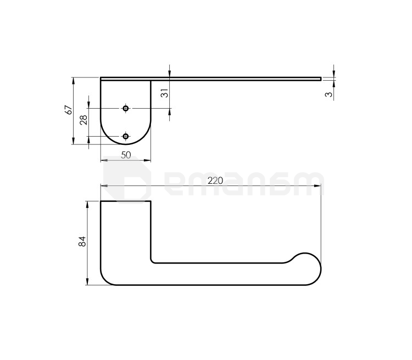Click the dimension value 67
coord(69,110)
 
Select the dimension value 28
coord(84,120)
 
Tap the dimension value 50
coord(126,155)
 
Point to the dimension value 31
coord(164,93)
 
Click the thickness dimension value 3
coord(329,94)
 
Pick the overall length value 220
coord(215,181)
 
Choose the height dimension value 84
coord(82,241)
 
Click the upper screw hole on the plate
coord(126,108)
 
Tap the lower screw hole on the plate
coord(126,136)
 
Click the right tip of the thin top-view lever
coord(321,79)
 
